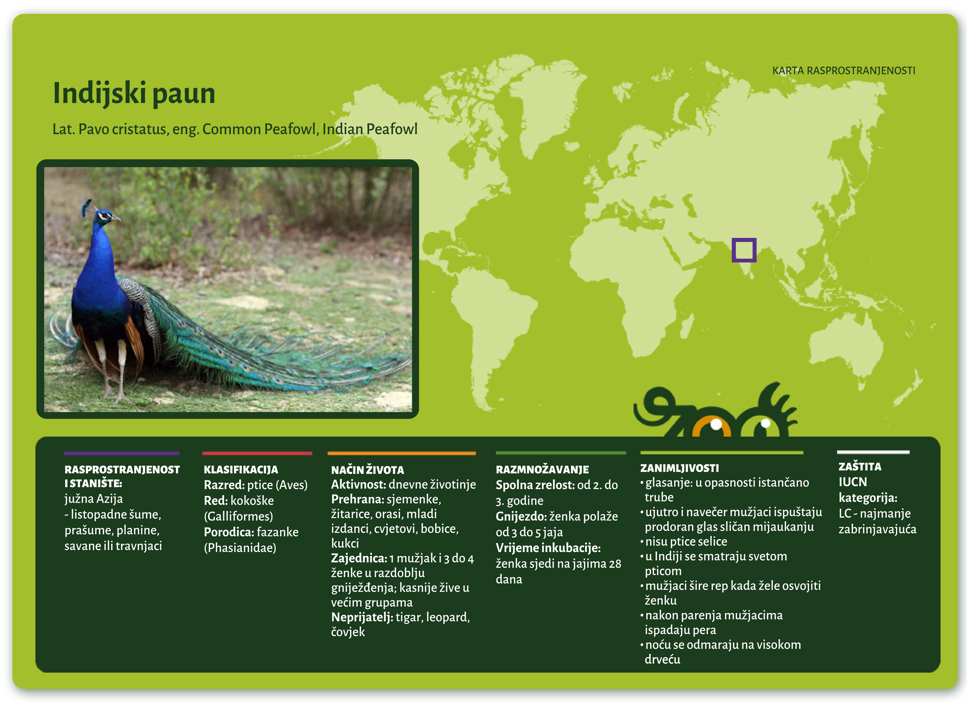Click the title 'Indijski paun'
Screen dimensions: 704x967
pyautogui.click(x=134, y=93)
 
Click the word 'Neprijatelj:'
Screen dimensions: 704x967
pyautogui.click(x=362, y=617)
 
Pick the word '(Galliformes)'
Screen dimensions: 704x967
pyautogui.click(x=238, y=516)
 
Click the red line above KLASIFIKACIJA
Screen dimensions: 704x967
pyautogui.click(x=257, y=453)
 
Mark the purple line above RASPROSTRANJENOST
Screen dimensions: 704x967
pyautogui.click(x=122, y=453)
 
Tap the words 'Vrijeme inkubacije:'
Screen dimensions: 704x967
pyautogui.click(x=548, y=548)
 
